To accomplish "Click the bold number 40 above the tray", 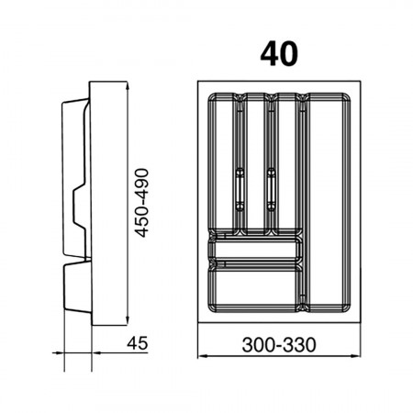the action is click(279, 54).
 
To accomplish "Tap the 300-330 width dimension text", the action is click(279, 345).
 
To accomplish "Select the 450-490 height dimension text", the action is click(142, 203).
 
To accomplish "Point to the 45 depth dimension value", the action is click(138, 343).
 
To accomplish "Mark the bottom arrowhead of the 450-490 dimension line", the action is click(128, 319).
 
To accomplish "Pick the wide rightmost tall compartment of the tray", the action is click(328, 203).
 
